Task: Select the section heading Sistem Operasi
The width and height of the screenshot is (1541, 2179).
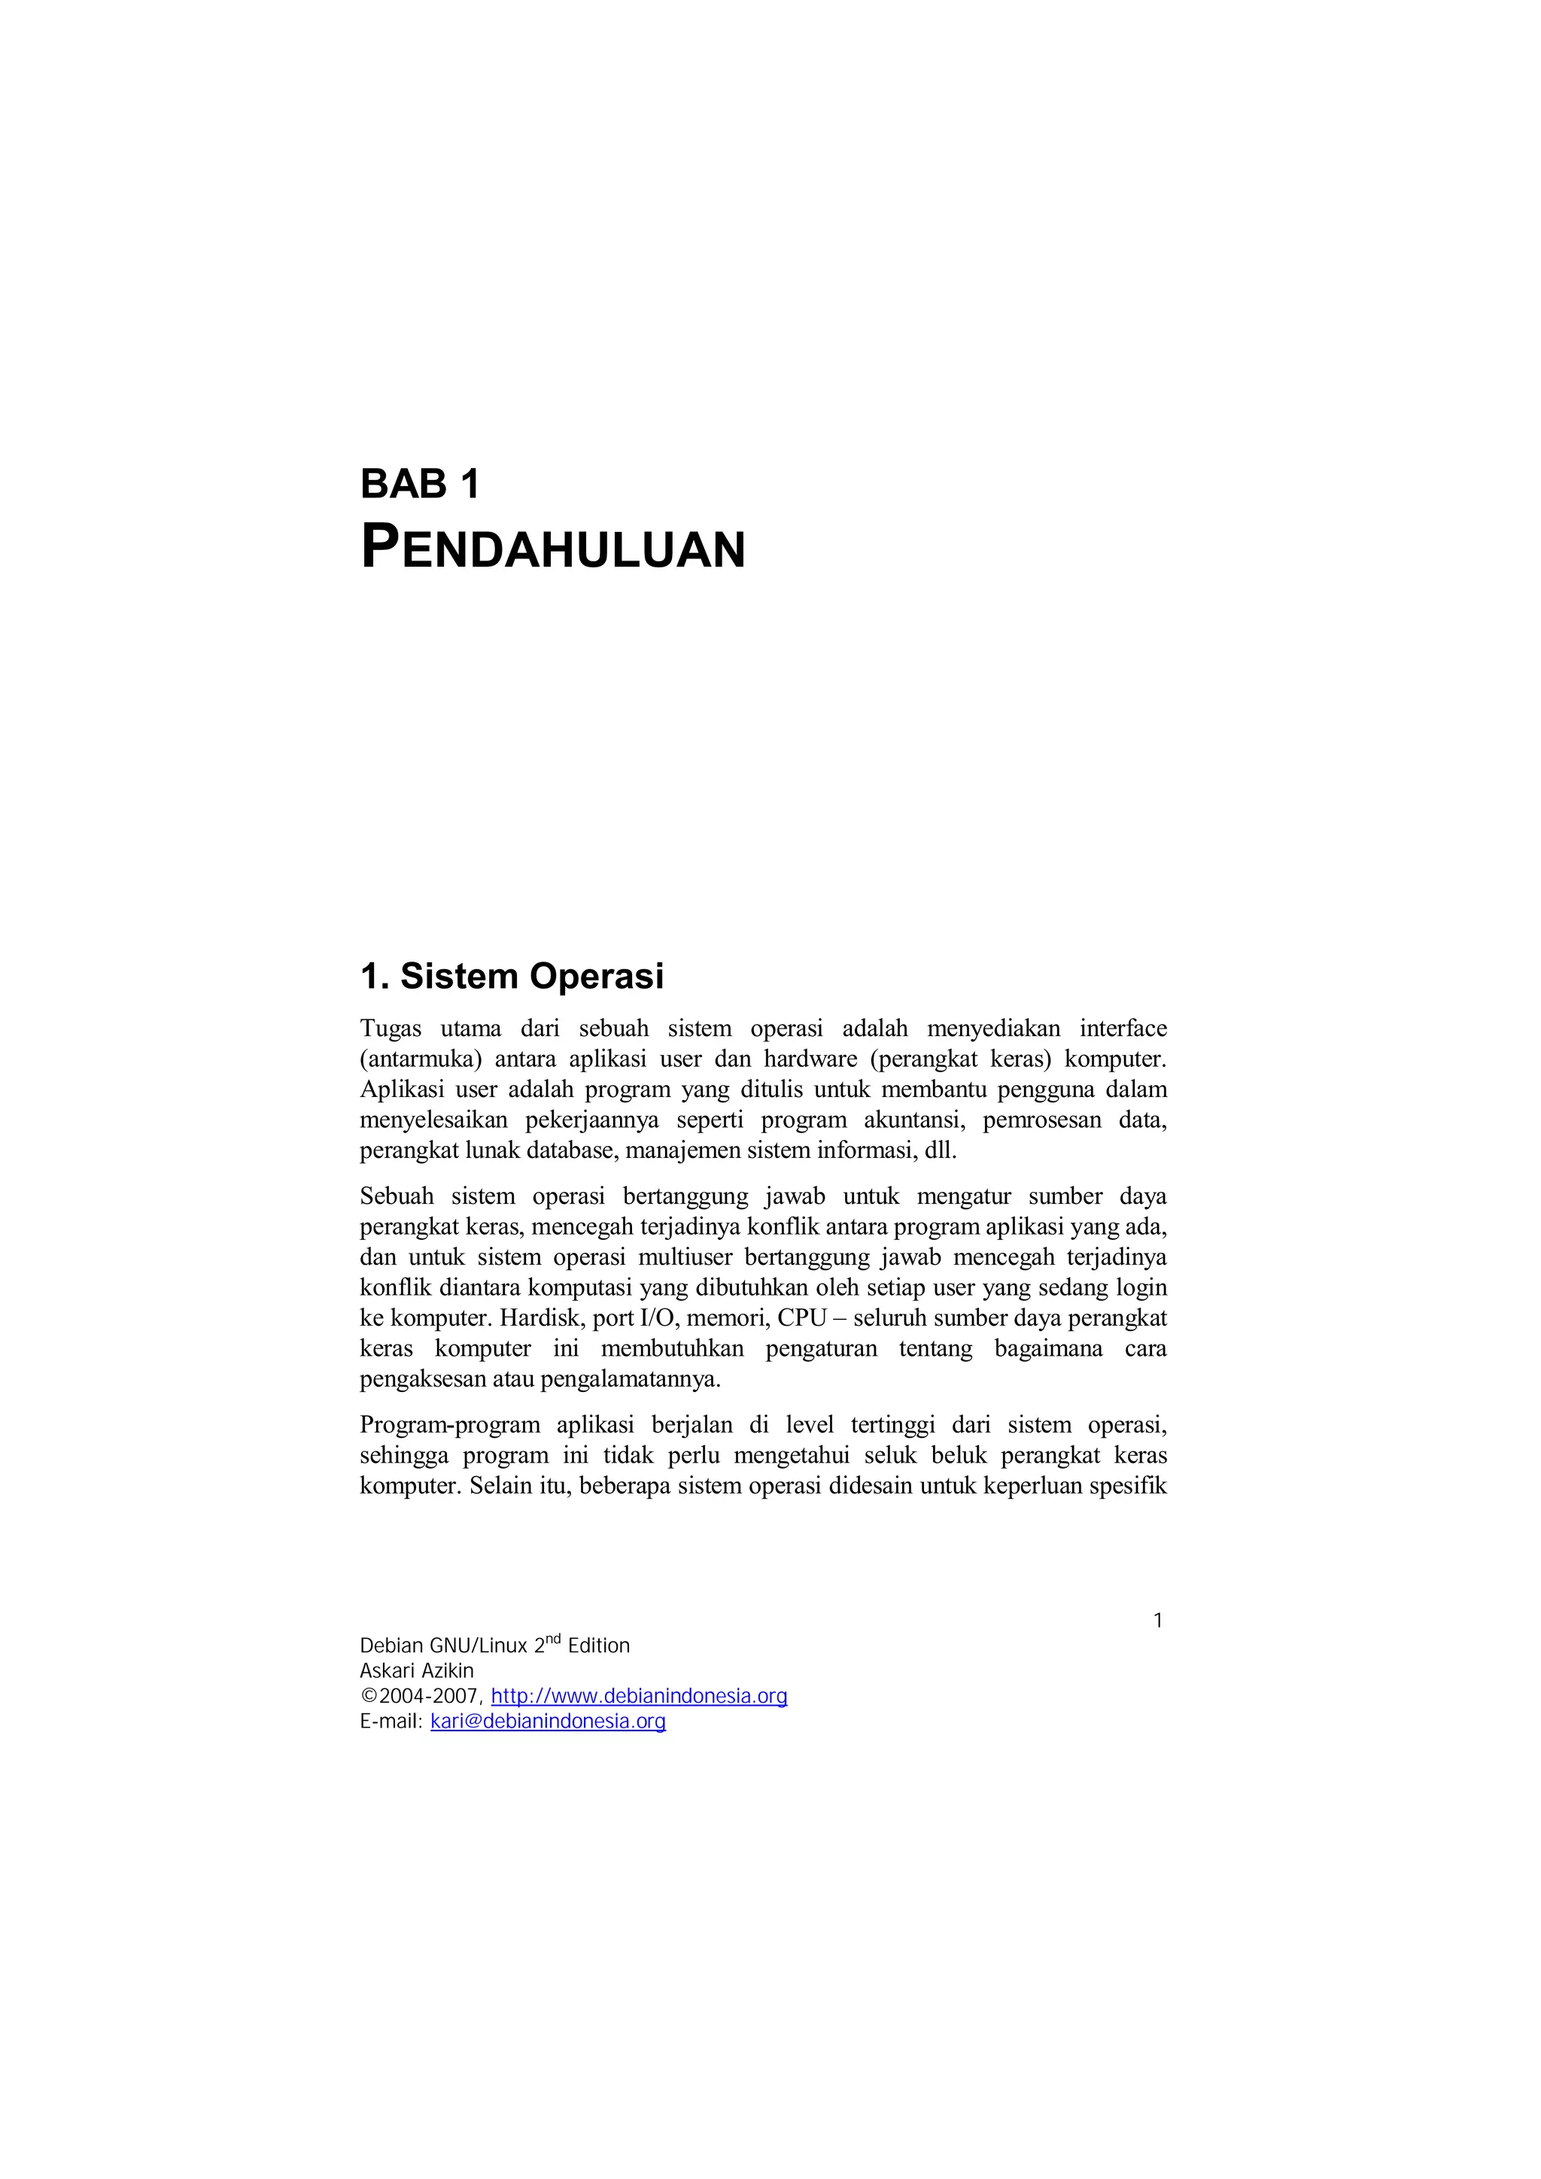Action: pyautogui.click(x=531, y=976)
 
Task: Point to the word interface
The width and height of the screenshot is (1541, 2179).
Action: pyautogui.click(x=1123, y=1028)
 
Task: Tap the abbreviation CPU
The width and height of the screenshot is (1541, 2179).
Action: pyautogui.click(x=802, y=1318)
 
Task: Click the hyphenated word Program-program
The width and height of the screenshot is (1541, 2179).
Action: pyautogui.click(x=450, y=1426)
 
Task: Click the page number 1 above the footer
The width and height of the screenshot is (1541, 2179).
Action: pyautogui.click(x=1158, y=1621)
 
